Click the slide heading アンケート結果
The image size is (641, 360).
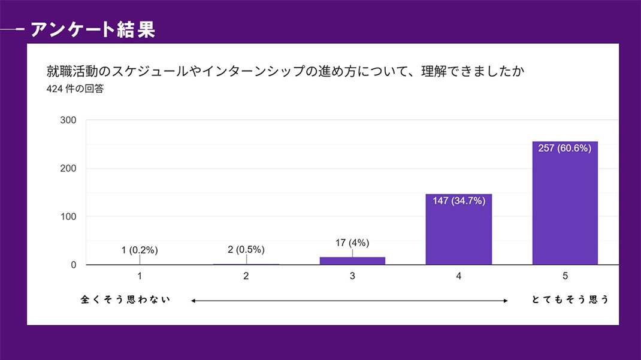(x=92, y=29)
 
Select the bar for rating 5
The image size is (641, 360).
(x=565, y=203)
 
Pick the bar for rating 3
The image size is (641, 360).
(x=352, y=261)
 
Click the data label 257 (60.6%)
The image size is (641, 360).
(x=565, y=149)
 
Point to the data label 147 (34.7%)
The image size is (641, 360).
(x=459, y=201)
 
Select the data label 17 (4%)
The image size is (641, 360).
(x=352, y=243)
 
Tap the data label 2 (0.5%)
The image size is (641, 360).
(x=246, y=249)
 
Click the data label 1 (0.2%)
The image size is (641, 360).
(x=140, y=250)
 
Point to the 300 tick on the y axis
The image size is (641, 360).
(x=68, y=120)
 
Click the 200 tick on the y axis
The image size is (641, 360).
(x=68, y=168)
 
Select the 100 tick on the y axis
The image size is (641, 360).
(x=68, y=216)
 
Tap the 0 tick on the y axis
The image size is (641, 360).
(x=73, y=265)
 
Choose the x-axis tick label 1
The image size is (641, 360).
(x=140, y=276)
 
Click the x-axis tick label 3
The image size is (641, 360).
(x=352, y=276)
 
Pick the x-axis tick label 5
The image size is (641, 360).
(x=565, y=276)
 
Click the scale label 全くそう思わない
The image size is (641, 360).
(x=126, y=300)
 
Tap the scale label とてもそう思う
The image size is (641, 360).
(x=570, y=300)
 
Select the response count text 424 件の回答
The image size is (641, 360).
(x=74, y=90)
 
